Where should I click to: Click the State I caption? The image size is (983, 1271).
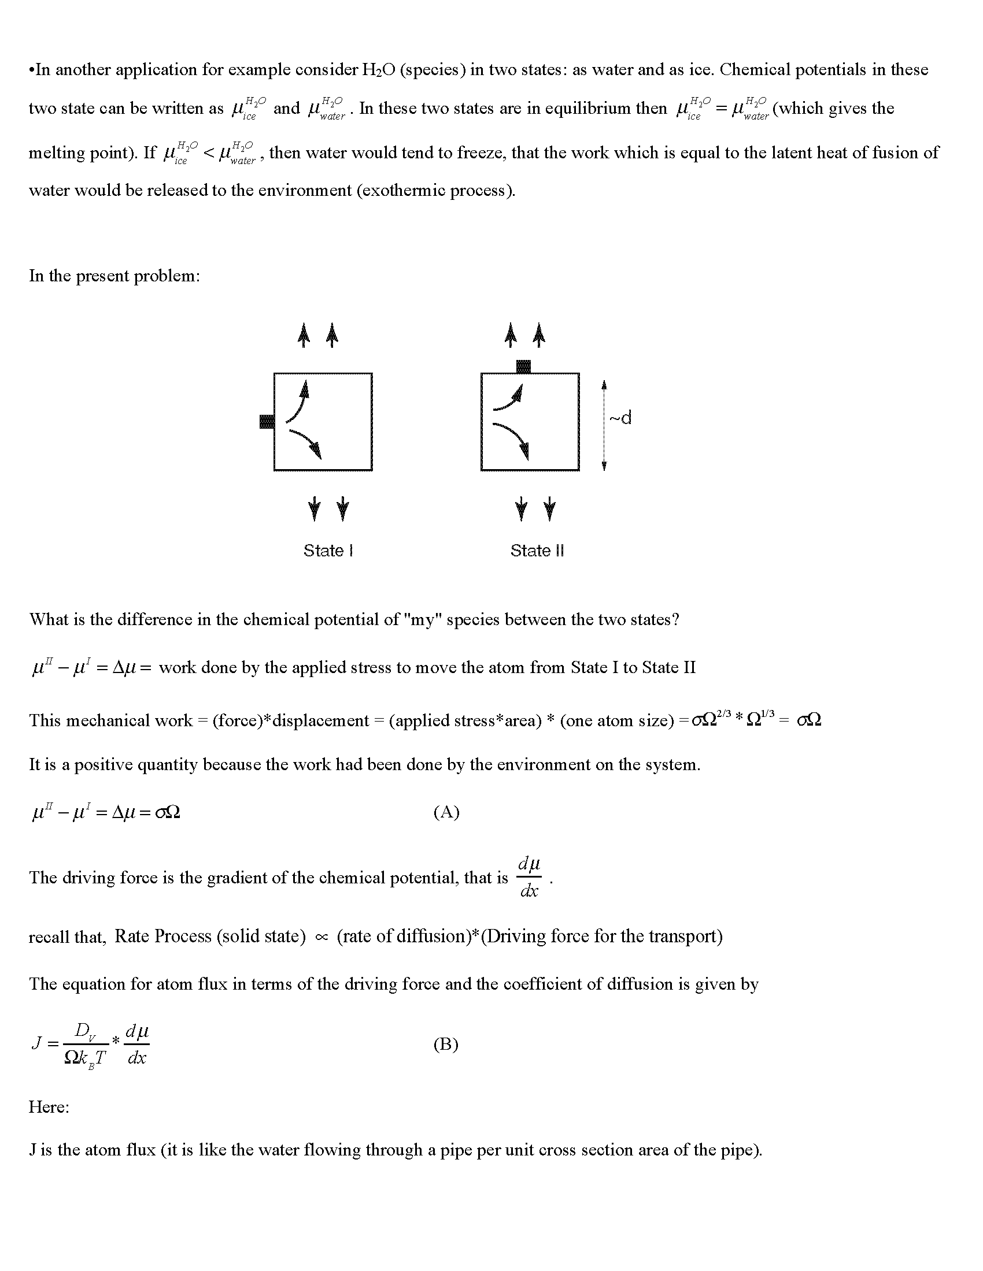[x=328, y=551]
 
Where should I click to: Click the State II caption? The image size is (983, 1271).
[x=537, y=551]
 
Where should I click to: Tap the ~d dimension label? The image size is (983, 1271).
[x=621, y=418]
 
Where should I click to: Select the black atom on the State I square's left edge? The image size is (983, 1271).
[x=267, y=421]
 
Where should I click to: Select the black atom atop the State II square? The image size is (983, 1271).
[x=524, y=367]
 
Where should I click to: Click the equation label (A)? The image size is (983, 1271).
[x=446, y=812]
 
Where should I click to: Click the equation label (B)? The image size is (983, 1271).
[x=446, y=1044]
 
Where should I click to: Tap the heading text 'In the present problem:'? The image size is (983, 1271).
[x=114, y=275]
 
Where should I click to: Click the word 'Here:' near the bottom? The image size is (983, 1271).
[x=49, y=1106]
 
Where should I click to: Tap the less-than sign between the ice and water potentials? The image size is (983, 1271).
[x=209, y=153]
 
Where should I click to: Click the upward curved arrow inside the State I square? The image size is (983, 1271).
[x=297, y=399]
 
